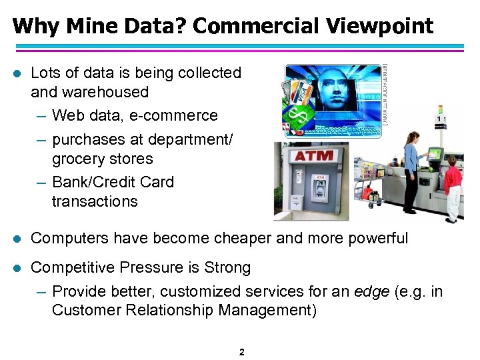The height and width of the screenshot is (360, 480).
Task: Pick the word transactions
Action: (x=94, y=201)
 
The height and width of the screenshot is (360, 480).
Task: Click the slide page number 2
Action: (x=241, y=351)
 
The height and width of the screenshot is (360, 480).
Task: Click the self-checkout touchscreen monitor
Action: (x=435, y=154)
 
